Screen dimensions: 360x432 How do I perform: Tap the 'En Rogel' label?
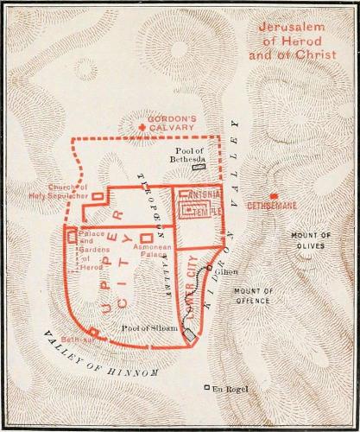pyautogui.click(x=231, y=388)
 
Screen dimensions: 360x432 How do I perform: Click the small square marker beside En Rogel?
pyautogui.click(x=206, y=387)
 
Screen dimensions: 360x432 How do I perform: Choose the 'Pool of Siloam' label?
pyautogui.click(x=149, y=327)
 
